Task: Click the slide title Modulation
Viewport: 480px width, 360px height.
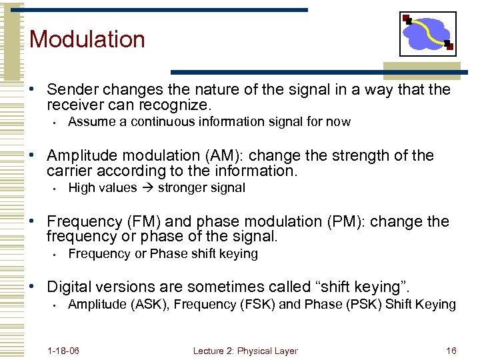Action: (87, 39)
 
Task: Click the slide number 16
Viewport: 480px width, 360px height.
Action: (451, 351)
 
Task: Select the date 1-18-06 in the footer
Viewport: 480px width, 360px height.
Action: (64, 351)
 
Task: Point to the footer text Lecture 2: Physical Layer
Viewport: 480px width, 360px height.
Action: (245, 351)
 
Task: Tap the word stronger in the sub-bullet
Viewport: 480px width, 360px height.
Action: (182, 188)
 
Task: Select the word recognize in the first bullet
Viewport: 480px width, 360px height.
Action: (175, 105)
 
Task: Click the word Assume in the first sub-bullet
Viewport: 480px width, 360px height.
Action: (89, 122)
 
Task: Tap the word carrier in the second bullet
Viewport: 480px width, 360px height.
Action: (70, 171)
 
